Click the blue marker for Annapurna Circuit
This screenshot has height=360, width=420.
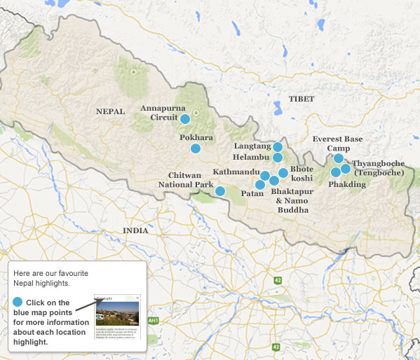185,119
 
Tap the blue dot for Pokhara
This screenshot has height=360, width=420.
196,148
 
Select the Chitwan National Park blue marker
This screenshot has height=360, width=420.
220,191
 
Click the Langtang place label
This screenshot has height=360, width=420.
252,146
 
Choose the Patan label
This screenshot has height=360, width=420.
252,193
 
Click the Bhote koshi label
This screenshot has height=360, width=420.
302,174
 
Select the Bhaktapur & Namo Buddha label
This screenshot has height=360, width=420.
292,200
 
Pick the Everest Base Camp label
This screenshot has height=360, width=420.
338,144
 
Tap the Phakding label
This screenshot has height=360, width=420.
347,184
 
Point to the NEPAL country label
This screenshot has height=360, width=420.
110,111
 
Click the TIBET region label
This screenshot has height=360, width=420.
302,99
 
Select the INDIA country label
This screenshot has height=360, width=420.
135,230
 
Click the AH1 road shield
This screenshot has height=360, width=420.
153,320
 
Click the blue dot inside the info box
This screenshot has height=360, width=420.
18,301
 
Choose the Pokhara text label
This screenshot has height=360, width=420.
196,137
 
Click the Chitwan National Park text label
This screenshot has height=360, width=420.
191,180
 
